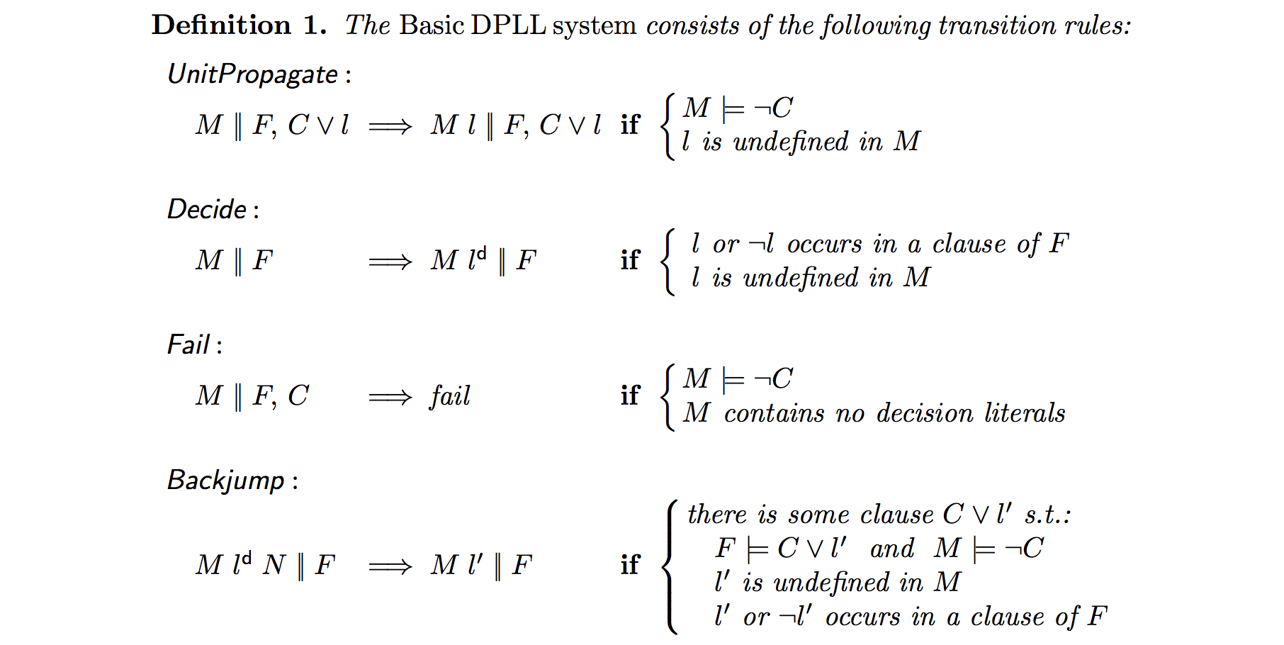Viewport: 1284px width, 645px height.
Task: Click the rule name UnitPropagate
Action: tap(252, 74)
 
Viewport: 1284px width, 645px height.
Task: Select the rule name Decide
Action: tap(207, 210)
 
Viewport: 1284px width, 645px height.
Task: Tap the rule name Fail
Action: tap(188, 345)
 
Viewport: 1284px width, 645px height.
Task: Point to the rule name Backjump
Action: tap(226, 481)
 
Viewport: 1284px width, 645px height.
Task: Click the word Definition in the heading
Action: tap(221, 26)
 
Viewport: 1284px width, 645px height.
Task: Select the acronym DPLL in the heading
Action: tap(508, 26)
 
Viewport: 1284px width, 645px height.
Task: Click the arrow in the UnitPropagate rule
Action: tap(390, 127)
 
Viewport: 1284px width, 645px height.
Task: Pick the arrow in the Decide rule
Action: tap(390, 262)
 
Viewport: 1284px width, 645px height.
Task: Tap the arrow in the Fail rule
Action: tap(390, 397)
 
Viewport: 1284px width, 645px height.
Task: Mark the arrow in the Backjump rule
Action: tap(390, 566)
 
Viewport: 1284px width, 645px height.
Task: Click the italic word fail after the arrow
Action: tap(450, 396)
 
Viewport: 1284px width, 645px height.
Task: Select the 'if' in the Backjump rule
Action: tap(630, 565)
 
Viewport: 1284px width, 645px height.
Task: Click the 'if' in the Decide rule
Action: tap(630, 260)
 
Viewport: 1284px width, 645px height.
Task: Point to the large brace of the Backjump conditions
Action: tap(670, 566)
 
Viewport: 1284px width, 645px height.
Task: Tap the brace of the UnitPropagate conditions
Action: tap(668, 127)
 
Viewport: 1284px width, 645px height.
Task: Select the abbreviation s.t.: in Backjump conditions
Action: tap(1047, 515)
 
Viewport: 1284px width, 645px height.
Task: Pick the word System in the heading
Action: tap(595, 26)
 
